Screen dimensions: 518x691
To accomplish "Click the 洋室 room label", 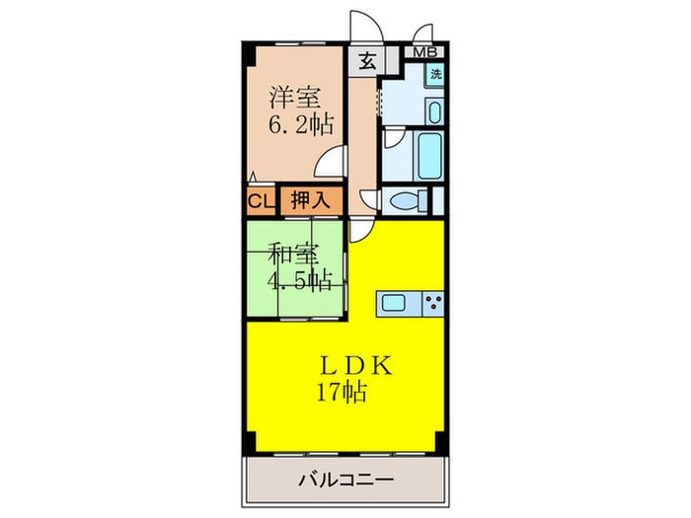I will [x=295, y=98].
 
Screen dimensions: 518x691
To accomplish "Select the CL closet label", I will [x=260, y=201].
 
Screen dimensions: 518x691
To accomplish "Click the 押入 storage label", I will [x=310, y=201].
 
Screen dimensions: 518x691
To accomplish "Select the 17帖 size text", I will [x=342, y=393].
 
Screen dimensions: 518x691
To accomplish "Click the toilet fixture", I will [x=409, y=201].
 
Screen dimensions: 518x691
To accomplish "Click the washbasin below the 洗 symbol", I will [x=434, y=110].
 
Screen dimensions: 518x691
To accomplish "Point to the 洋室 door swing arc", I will [x=336, y=160].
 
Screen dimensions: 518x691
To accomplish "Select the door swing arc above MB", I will [x=424, y=32].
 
